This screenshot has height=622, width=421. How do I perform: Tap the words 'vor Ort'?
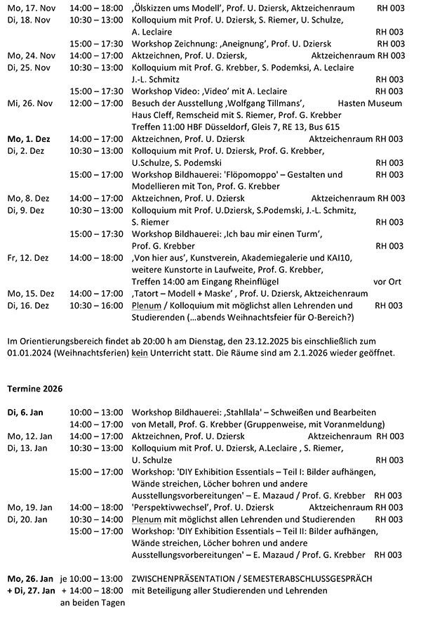click(388, 282)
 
